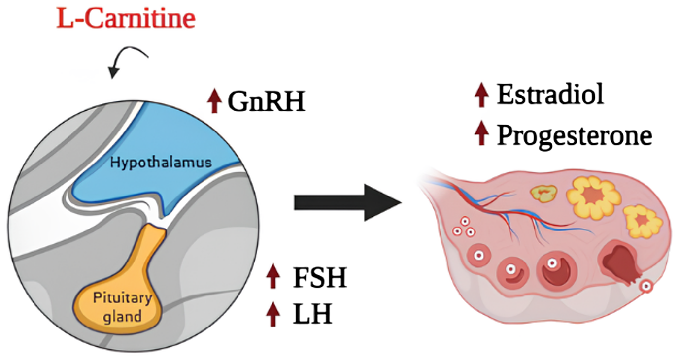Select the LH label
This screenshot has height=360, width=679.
point(312,314)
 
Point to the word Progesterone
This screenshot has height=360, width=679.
point(574,134)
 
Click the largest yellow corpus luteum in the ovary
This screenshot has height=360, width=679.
point(594,197)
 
